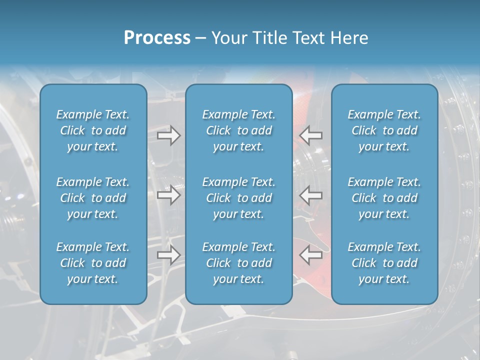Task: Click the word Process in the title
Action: point(157,37)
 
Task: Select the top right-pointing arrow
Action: point(169,135)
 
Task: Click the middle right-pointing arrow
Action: point(169,194)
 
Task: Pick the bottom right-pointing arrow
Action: point(169,254)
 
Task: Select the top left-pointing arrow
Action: point(310,135)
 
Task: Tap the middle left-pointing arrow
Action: point(310,194)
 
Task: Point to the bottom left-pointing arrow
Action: point(310,254)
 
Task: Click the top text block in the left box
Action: point(93,130)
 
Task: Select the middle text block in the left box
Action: point(93,198)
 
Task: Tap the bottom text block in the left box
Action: point(93,263)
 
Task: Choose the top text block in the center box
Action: point(238,130)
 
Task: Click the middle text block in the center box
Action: point(238,198)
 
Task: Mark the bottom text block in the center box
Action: point(238,263)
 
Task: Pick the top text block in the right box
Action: point(384,130)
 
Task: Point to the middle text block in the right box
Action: point(384,198)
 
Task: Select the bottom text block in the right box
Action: point(384,263)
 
